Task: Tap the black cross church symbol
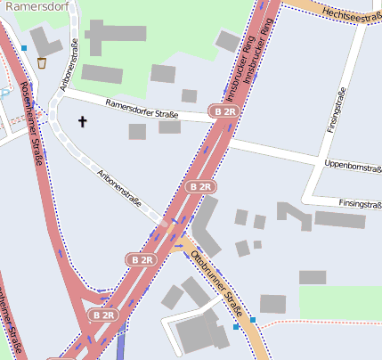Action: (x=84, y=120)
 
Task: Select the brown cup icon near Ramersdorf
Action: (x=42, y=63)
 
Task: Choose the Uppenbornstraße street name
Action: (x=353, y=166)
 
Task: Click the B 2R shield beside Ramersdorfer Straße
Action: (x=225, y=110)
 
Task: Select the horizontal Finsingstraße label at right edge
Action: (x=360, y=203)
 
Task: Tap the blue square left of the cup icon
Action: (x=24, y=48)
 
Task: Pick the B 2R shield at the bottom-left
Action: (x=104, y=315)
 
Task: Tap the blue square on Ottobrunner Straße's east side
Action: (x=254, y=319)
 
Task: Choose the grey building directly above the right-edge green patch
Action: (x=312, y=277)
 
